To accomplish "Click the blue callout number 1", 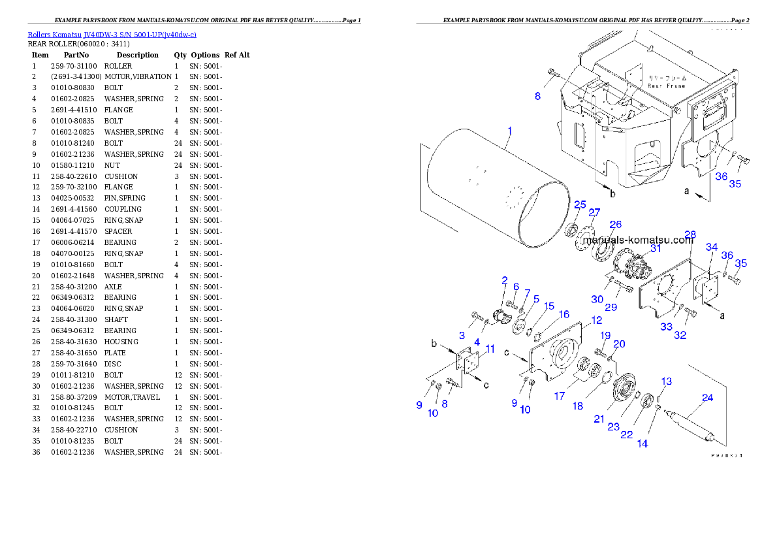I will pos(510,131).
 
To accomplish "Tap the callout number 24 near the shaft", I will pos(707,397).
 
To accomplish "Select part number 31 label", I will pos(655,248).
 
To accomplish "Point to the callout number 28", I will pos(690,234).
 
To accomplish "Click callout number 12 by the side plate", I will pos(596,320).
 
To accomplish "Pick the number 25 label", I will pos(580,204).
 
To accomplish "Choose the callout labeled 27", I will pos(594,213).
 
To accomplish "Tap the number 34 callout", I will pos(712,247).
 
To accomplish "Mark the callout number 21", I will pos(599,419).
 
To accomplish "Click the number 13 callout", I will pos(666,381).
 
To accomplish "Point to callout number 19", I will pos(605,335).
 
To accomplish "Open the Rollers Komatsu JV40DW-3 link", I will pos(112,34).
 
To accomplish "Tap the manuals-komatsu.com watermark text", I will pos(637,240).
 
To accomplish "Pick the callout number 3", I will pos(462,335).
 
